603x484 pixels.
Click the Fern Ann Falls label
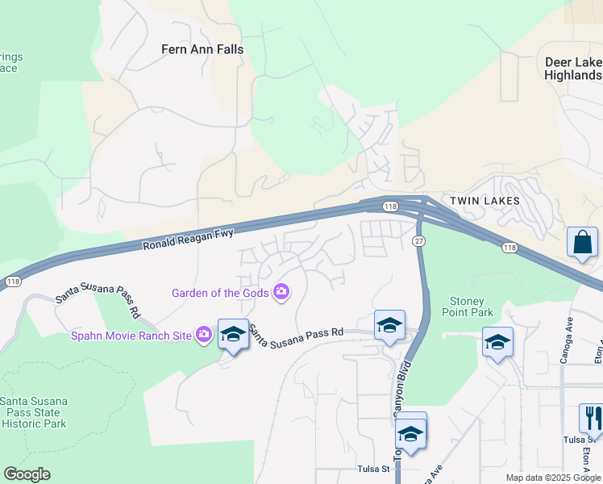(202, 49)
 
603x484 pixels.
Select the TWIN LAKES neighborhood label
(484, 200)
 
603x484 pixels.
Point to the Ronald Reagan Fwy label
(188, 240)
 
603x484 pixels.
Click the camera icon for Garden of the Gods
(281, 292)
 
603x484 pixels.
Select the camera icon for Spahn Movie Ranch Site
(204, 334)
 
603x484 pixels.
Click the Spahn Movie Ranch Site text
(132, 335)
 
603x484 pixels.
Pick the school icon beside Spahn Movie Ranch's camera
(233, 335)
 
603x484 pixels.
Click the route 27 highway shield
(418, 241)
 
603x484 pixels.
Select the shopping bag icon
(582, 242)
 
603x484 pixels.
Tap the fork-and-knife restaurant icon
(593, 418)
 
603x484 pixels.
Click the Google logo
(27, 474)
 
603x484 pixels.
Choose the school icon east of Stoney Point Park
(497, 341)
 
